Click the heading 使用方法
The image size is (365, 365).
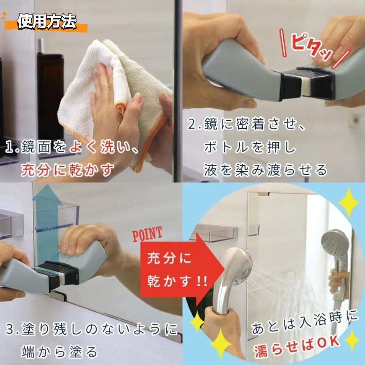pyautogui.click(x=47, y=22)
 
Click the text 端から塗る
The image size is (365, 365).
pyautogui.click(x=60, y=351)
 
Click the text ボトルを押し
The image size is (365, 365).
pyautogui.click(x=250, y=147)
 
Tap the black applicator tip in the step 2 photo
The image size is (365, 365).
pyautogui.click(x=307, y=83)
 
